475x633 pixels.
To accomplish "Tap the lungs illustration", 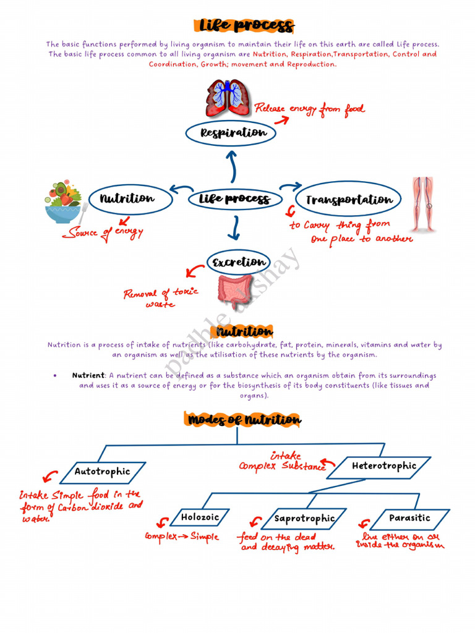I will click(x=227, y=98).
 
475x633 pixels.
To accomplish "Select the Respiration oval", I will click(x=231, y=133).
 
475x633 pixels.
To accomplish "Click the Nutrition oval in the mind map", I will click(x=127, y=198).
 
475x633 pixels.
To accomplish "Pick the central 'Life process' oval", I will click(x=234, y=199).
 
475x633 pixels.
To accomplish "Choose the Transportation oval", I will click(x=349, y=200).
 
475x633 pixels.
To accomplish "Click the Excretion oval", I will click(x=239, y=262).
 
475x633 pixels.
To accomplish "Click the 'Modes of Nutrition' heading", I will click(x=244, y=420).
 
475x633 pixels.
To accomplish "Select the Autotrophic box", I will click(x=103, y=472).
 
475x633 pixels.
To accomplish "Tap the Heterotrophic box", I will click(x=383, y=466).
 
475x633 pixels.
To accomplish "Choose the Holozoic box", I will click(x=199, y=517).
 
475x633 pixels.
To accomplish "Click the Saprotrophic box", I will click(x=304, y=519).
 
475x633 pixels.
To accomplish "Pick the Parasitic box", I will click(x=409, y=518).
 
